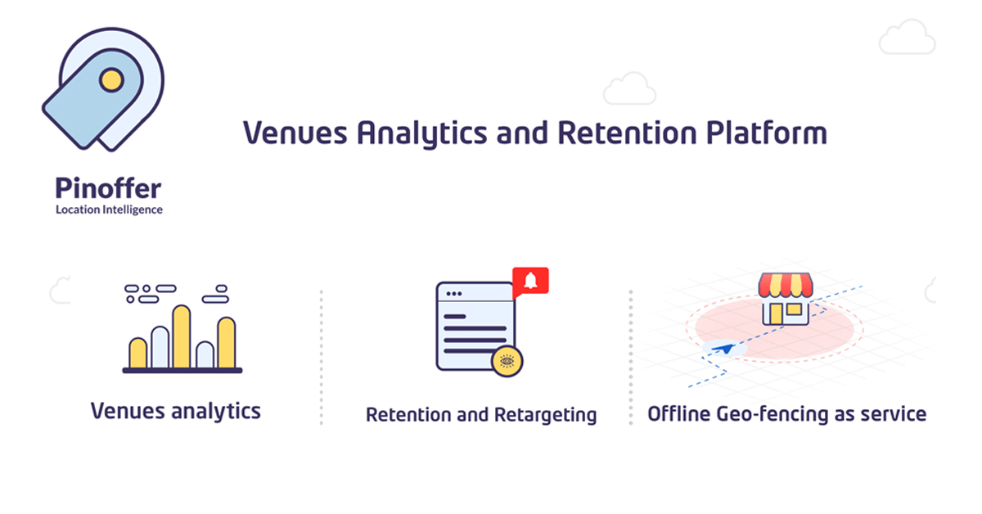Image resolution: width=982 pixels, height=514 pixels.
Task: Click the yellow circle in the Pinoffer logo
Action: coord(111,80)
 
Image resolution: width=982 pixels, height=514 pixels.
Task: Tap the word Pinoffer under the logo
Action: coord(108,188)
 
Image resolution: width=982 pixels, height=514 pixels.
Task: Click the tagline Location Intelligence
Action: coord(109,210)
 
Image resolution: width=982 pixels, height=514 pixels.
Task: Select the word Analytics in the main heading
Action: coord(421,133)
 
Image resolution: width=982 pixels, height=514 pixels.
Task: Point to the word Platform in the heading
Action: coord(767,133)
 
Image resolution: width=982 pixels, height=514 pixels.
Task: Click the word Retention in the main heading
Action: coord(627,133)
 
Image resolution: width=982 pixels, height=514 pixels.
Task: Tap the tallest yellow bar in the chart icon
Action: coord(182,336)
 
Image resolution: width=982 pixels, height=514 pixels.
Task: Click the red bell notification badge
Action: coord(530,281)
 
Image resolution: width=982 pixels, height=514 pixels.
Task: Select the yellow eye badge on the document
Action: coord(507,361)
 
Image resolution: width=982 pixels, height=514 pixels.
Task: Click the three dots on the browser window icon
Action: coord(453,294)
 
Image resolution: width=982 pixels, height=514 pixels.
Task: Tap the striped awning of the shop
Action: coord(786,285)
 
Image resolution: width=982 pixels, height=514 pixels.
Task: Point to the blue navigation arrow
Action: coord(723,349)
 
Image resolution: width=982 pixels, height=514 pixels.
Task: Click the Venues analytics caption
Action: coord(176,412)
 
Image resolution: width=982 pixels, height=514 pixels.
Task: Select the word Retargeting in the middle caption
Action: coord(545,415)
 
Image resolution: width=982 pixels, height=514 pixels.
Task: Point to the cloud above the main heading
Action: coord(629,88)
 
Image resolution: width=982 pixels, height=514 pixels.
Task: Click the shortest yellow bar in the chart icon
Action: coord(137,353)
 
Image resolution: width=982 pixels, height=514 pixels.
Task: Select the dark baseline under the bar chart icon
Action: coord(182,371)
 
